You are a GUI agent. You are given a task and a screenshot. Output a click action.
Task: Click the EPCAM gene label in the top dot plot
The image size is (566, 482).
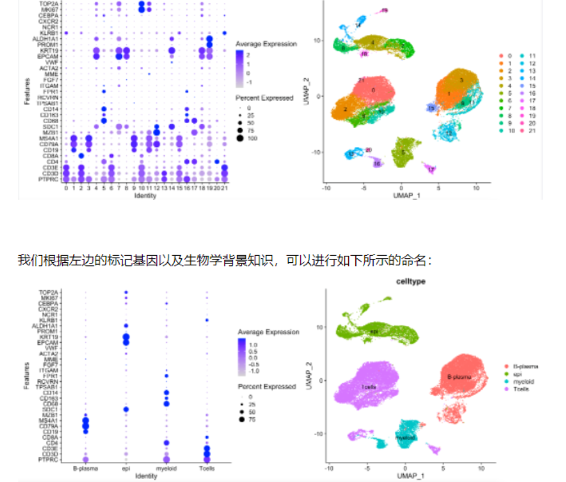[x=49, y=56]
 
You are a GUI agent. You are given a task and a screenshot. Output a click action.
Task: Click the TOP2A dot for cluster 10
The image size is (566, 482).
[x=141, y=4]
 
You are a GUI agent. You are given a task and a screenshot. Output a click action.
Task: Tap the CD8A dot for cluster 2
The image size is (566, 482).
[x=81, y=156]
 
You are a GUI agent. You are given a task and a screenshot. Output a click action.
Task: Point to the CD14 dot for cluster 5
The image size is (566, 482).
[x=104, y=109]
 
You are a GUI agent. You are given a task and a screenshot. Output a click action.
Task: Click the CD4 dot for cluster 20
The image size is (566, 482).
[x=217, y=162]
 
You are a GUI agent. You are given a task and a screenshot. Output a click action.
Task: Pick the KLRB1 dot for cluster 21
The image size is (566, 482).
[x=225, y=33]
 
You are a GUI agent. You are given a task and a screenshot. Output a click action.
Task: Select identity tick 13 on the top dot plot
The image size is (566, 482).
[x=164, y=188]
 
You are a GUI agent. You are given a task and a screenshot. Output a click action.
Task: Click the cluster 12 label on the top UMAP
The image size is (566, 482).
[x=449, y=133]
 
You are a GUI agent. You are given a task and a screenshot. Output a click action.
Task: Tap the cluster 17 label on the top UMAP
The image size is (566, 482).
[x=431, y=169]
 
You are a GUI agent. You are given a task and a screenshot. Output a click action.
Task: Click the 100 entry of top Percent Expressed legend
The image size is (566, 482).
[x=250, y=138]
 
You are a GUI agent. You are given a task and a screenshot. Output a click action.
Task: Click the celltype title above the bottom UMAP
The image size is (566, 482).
[x=411, y=281]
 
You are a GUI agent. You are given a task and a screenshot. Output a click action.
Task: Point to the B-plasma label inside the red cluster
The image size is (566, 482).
[x=459, y=377]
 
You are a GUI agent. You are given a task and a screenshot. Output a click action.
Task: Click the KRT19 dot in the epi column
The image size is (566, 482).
[x=126, y=337]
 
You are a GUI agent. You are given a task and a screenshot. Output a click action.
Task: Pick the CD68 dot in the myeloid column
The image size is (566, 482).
[x=166, y=404]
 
